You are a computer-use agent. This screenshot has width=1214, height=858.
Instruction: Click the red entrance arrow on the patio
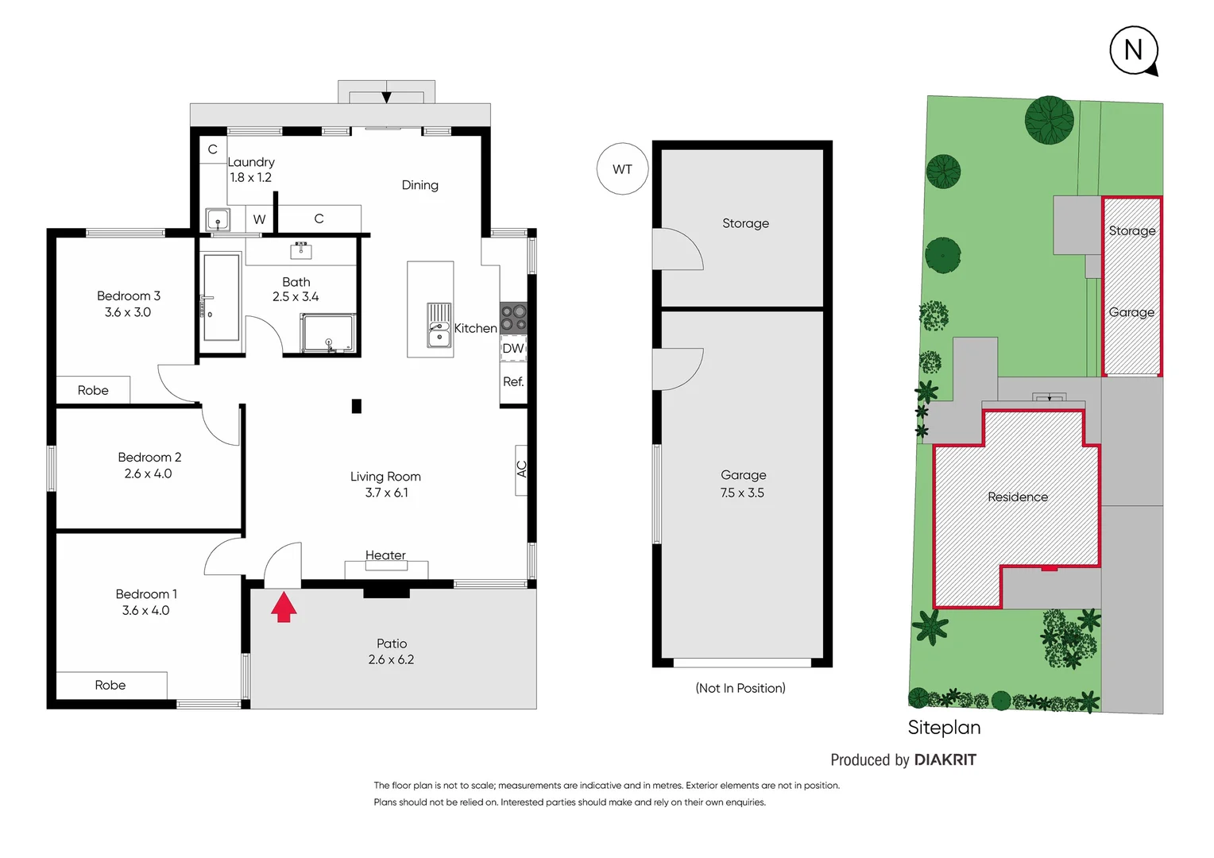(x=284, y=608)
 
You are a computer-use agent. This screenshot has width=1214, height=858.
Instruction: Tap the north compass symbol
(x=1134, y=51)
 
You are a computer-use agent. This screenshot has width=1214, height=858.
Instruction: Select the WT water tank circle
(x=623, y=169)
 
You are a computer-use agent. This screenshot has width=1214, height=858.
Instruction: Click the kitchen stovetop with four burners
(x=513, y=318)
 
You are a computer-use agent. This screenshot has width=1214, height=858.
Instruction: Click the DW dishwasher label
(x=513, y=348)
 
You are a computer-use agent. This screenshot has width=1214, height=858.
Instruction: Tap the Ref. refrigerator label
(x=513, y=382)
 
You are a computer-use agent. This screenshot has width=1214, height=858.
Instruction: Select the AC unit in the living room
(x=521, y=470)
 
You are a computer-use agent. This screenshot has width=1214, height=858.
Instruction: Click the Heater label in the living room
(x=385, y=555)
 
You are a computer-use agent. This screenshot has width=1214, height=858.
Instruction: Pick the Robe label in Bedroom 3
(x=93, y=390)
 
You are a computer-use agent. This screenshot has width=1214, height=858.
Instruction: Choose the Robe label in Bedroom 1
(x=110, y=685)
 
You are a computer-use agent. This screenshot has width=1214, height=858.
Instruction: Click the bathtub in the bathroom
(x=221, y=297)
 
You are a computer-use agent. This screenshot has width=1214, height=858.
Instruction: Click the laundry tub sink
(x=218, y=219)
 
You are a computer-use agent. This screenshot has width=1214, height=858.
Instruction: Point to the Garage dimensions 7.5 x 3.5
(x=742, y=493)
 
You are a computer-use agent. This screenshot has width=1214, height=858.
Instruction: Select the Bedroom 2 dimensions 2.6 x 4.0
(x=148, y=473)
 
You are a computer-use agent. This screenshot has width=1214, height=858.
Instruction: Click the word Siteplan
(x=944, y=727)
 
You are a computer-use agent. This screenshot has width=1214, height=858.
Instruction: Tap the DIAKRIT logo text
(x=945, y=759)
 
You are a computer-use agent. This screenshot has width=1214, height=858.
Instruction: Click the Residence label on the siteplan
(x=1018, y=497)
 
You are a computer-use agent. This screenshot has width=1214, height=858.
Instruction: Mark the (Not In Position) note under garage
(x=740, y=688)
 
